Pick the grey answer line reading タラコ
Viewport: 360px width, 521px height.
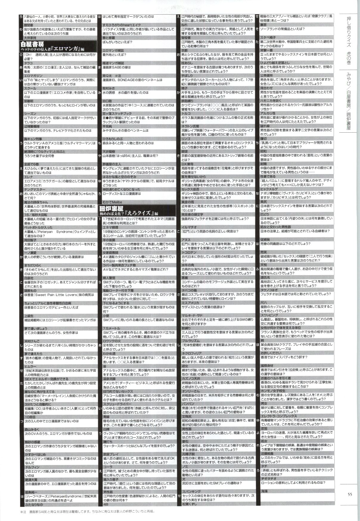coord(28,63)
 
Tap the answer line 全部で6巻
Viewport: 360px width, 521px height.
coord(31,164)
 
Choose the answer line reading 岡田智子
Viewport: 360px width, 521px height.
coord(30,240)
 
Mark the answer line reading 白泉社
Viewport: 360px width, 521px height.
coord(28,277)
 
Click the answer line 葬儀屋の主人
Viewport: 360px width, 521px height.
coord(112,164)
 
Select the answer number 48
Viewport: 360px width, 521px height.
coord(105,504)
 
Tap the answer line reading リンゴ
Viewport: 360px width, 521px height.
coord(186,139)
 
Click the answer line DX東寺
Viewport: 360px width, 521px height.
coord(188,164)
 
